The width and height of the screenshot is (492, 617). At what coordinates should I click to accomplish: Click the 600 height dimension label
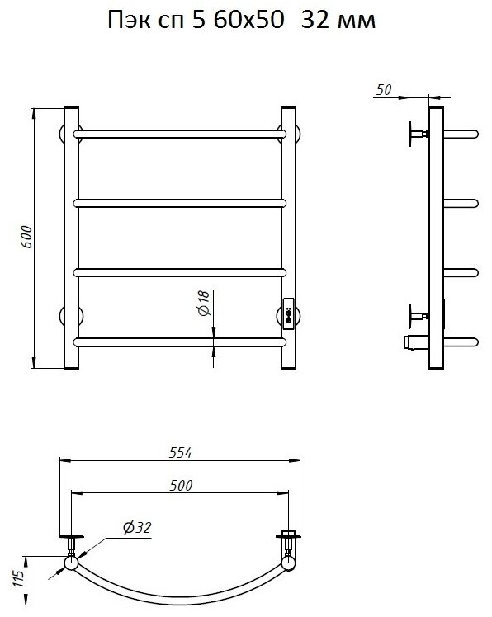pyautogui.click(x=26, y=237)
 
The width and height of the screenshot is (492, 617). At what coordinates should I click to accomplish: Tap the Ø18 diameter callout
pyautogui.click(x=204, y=303)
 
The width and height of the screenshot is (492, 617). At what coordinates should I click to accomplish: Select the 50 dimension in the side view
pyautogui.click(x=384, y=90)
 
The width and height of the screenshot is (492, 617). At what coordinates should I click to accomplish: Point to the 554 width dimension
pyautogui.click(x=181, y=453)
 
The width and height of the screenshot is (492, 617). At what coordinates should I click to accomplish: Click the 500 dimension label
pyautogui.click(x=181, y=486)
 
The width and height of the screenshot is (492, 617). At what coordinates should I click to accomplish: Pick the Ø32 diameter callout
pyautogui.click(x=137, y=528)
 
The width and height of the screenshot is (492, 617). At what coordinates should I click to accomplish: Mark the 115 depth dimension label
pyautogui.click(x=18, y=578)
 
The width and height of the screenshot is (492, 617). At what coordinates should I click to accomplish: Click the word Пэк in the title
pyautogui.click(x=130, y=20)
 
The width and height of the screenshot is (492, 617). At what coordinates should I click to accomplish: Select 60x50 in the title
pyautogui.click(x=249, y=20)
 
